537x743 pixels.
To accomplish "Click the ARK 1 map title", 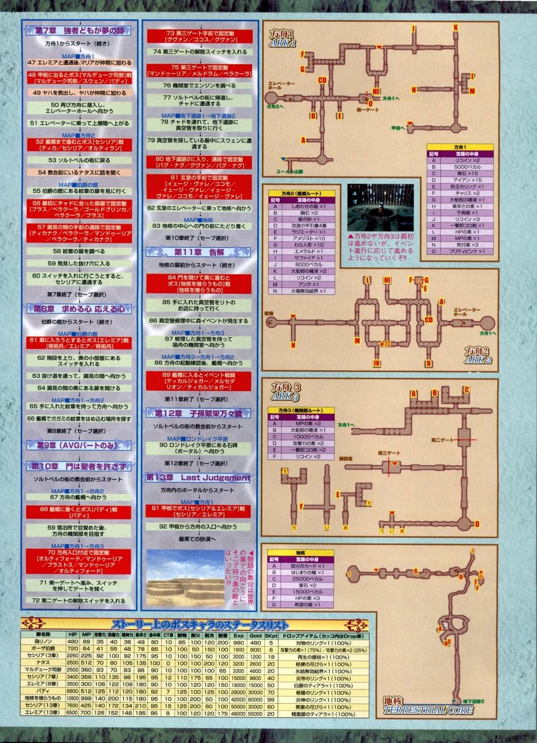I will [282, 39].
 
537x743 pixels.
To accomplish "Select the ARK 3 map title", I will [286, 392].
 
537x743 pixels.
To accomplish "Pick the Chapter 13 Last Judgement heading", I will [198, 477].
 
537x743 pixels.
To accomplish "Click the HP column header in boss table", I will [72, 635].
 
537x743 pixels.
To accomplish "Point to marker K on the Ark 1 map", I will [456, 28].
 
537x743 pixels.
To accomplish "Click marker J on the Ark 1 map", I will [413, 29].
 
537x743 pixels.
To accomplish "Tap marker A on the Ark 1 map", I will [303, 140].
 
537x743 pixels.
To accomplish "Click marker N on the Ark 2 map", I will [293, 345].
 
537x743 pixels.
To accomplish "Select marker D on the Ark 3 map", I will [477, 524].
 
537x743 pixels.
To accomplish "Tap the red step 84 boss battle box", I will [199, 284].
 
